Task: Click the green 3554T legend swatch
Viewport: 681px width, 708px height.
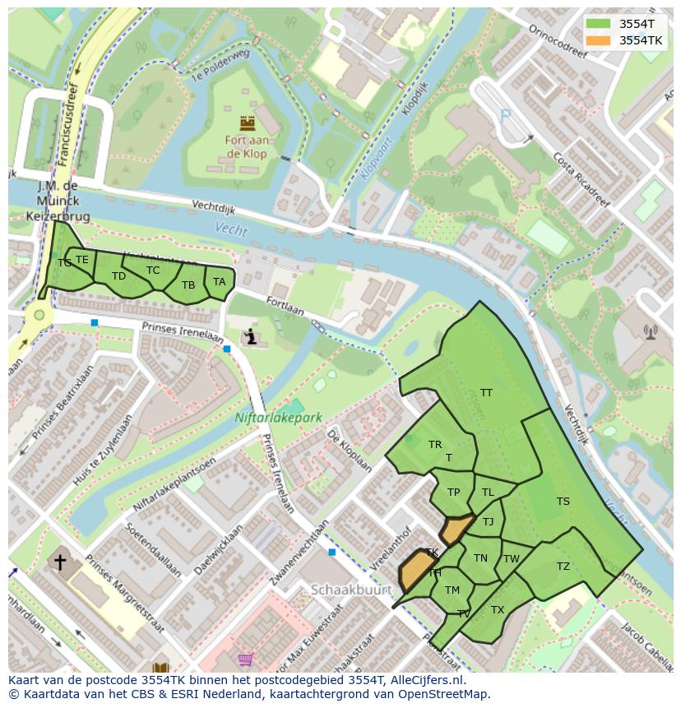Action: [x=599, y=23]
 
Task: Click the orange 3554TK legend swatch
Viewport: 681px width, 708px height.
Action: [x=599, y=39]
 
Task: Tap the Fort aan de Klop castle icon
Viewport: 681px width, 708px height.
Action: [x=247, y=123]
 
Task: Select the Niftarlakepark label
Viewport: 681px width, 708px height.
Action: [x=278, y=418]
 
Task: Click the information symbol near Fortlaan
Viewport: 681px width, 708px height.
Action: [x=251, y=336]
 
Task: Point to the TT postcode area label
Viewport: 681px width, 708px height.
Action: [x=486, y=393]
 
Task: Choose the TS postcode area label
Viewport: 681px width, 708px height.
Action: [x=563, y=502]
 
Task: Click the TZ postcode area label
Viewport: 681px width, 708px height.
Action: [x=563, y=567]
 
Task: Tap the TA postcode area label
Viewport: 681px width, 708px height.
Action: [x=219, y=282]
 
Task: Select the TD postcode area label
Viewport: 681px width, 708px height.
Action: [x=118, y=276]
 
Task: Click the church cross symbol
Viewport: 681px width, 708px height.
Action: [x=59, y=562]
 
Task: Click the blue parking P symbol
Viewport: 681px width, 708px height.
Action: [x=505, y=116]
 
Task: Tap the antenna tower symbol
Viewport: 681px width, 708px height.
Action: [x=651, y=332]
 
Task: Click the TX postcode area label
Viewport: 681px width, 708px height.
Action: [x=497, y=610]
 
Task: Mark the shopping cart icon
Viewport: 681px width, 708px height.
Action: [x=245, y=659]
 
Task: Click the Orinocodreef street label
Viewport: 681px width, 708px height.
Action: [x=558, y=41]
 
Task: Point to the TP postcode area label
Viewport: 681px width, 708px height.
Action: [x=453, y=493]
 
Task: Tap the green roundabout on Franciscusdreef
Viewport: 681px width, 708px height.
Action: [x=39, y=315]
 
